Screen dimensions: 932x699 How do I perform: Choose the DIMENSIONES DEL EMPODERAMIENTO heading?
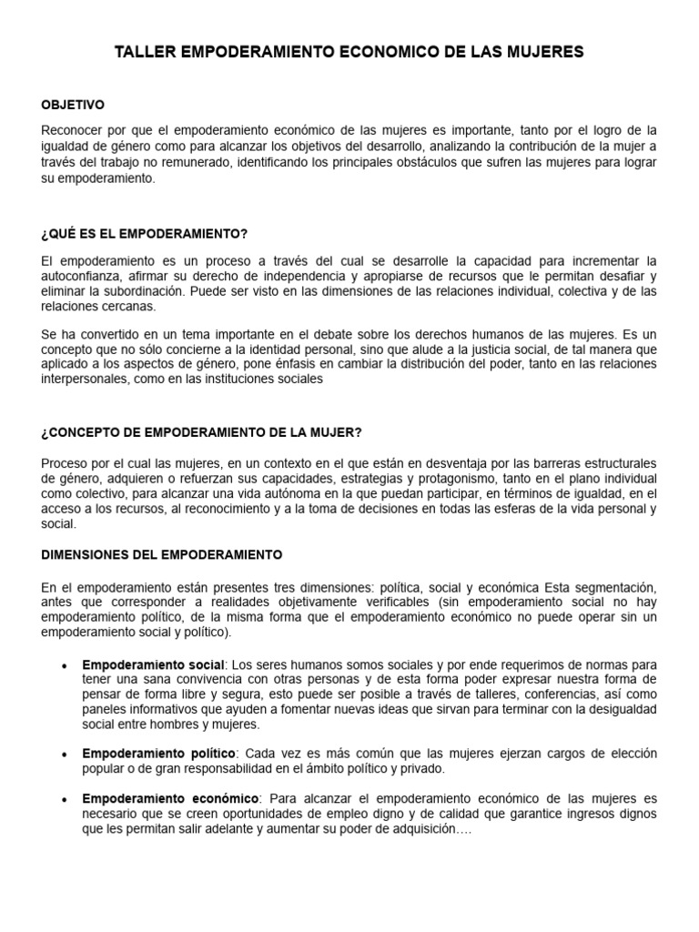[x=162, y=553]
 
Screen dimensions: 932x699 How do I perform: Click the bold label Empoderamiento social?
[x=153, y=664]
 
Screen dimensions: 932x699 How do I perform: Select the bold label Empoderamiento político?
[x=158, y=754]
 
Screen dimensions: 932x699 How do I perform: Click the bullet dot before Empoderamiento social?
[x=63, y=665]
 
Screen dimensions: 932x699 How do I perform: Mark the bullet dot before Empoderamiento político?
[x=63, y=755]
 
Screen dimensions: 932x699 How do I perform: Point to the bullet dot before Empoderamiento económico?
[x=63, y=799]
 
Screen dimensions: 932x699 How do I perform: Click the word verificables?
[x=391, y=603]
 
